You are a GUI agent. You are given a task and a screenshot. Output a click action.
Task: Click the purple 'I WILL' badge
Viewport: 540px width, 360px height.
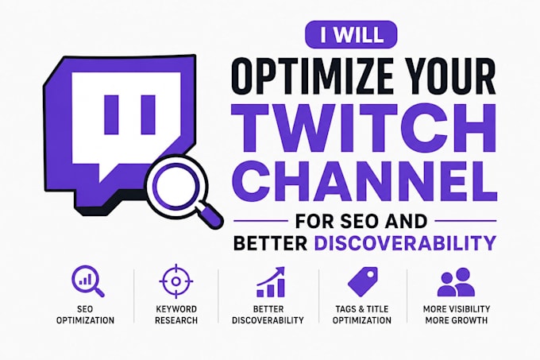[x=351, y=34]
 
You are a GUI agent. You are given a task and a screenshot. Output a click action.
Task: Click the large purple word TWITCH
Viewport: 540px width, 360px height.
[x=364, y=127]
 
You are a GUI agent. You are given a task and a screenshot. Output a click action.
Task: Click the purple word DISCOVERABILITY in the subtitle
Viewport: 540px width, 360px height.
[x=405, y=243]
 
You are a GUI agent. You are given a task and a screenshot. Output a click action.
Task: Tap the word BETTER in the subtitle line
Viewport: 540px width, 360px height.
[x=270, y=243]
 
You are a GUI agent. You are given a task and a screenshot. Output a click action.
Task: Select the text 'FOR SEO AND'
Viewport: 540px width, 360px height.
[x=361, y=221]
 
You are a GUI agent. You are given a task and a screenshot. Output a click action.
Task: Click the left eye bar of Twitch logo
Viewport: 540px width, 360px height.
[x=111, y=114]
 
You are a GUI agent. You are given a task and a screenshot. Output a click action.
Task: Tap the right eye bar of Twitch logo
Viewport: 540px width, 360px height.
[x=148, y=114]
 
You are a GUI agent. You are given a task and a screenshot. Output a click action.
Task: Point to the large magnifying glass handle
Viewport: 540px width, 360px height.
[x=210, y=216]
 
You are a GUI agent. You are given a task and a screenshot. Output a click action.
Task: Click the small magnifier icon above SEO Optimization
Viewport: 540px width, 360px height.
[x=87, y=281]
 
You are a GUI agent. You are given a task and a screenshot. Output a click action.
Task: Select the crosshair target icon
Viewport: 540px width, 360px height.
[x=176, y=281]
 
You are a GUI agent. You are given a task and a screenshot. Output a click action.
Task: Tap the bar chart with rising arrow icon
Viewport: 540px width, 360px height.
[x=271, y=282]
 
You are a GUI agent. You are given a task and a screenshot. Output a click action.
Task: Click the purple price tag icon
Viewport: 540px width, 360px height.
[x=362, y=281]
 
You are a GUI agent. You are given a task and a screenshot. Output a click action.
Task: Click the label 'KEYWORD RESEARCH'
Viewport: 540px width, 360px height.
[x=176, y=315]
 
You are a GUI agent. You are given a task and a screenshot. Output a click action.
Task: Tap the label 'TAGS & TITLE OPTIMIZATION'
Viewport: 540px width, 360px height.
[x=362, y=315]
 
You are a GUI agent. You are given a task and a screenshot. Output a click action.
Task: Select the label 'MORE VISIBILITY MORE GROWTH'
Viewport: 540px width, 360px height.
[x=457, y=315]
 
